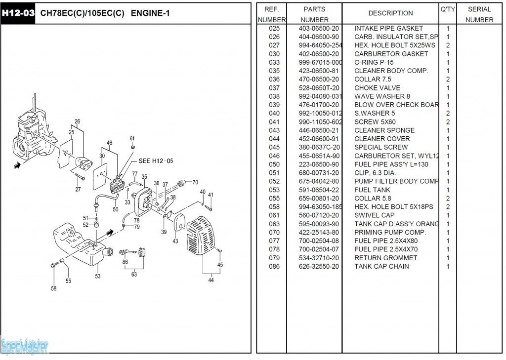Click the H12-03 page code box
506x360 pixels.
coord(18,13)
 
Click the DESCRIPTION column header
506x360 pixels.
coord(390,13)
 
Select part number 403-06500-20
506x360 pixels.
coord(319,29)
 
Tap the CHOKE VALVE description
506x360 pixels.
coord(377,88)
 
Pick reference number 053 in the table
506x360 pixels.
coord(274,190)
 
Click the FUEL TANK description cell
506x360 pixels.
coord(372,190)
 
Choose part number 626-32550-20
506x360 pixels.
coord(319,266)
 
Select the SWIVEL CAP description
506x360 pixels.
coord(375,215)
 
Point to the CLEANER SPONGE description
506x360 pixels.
coord(384,130)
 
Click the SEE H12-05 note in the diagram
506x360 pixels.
coord(156,161)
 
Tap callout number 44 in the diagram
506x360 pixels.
coord(211,280)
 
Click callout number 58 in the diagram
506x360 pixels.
coord(53,289)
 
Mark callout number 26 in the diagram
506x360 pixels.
coord(77,121)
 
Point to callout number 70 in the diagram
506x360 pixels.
coord(195,182)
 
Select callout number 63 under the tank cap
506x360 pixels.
coord(134,275)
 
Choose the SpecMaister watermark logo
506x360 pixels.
coord(25,346)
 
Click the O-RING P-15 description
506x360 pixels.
coord(374,63)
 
